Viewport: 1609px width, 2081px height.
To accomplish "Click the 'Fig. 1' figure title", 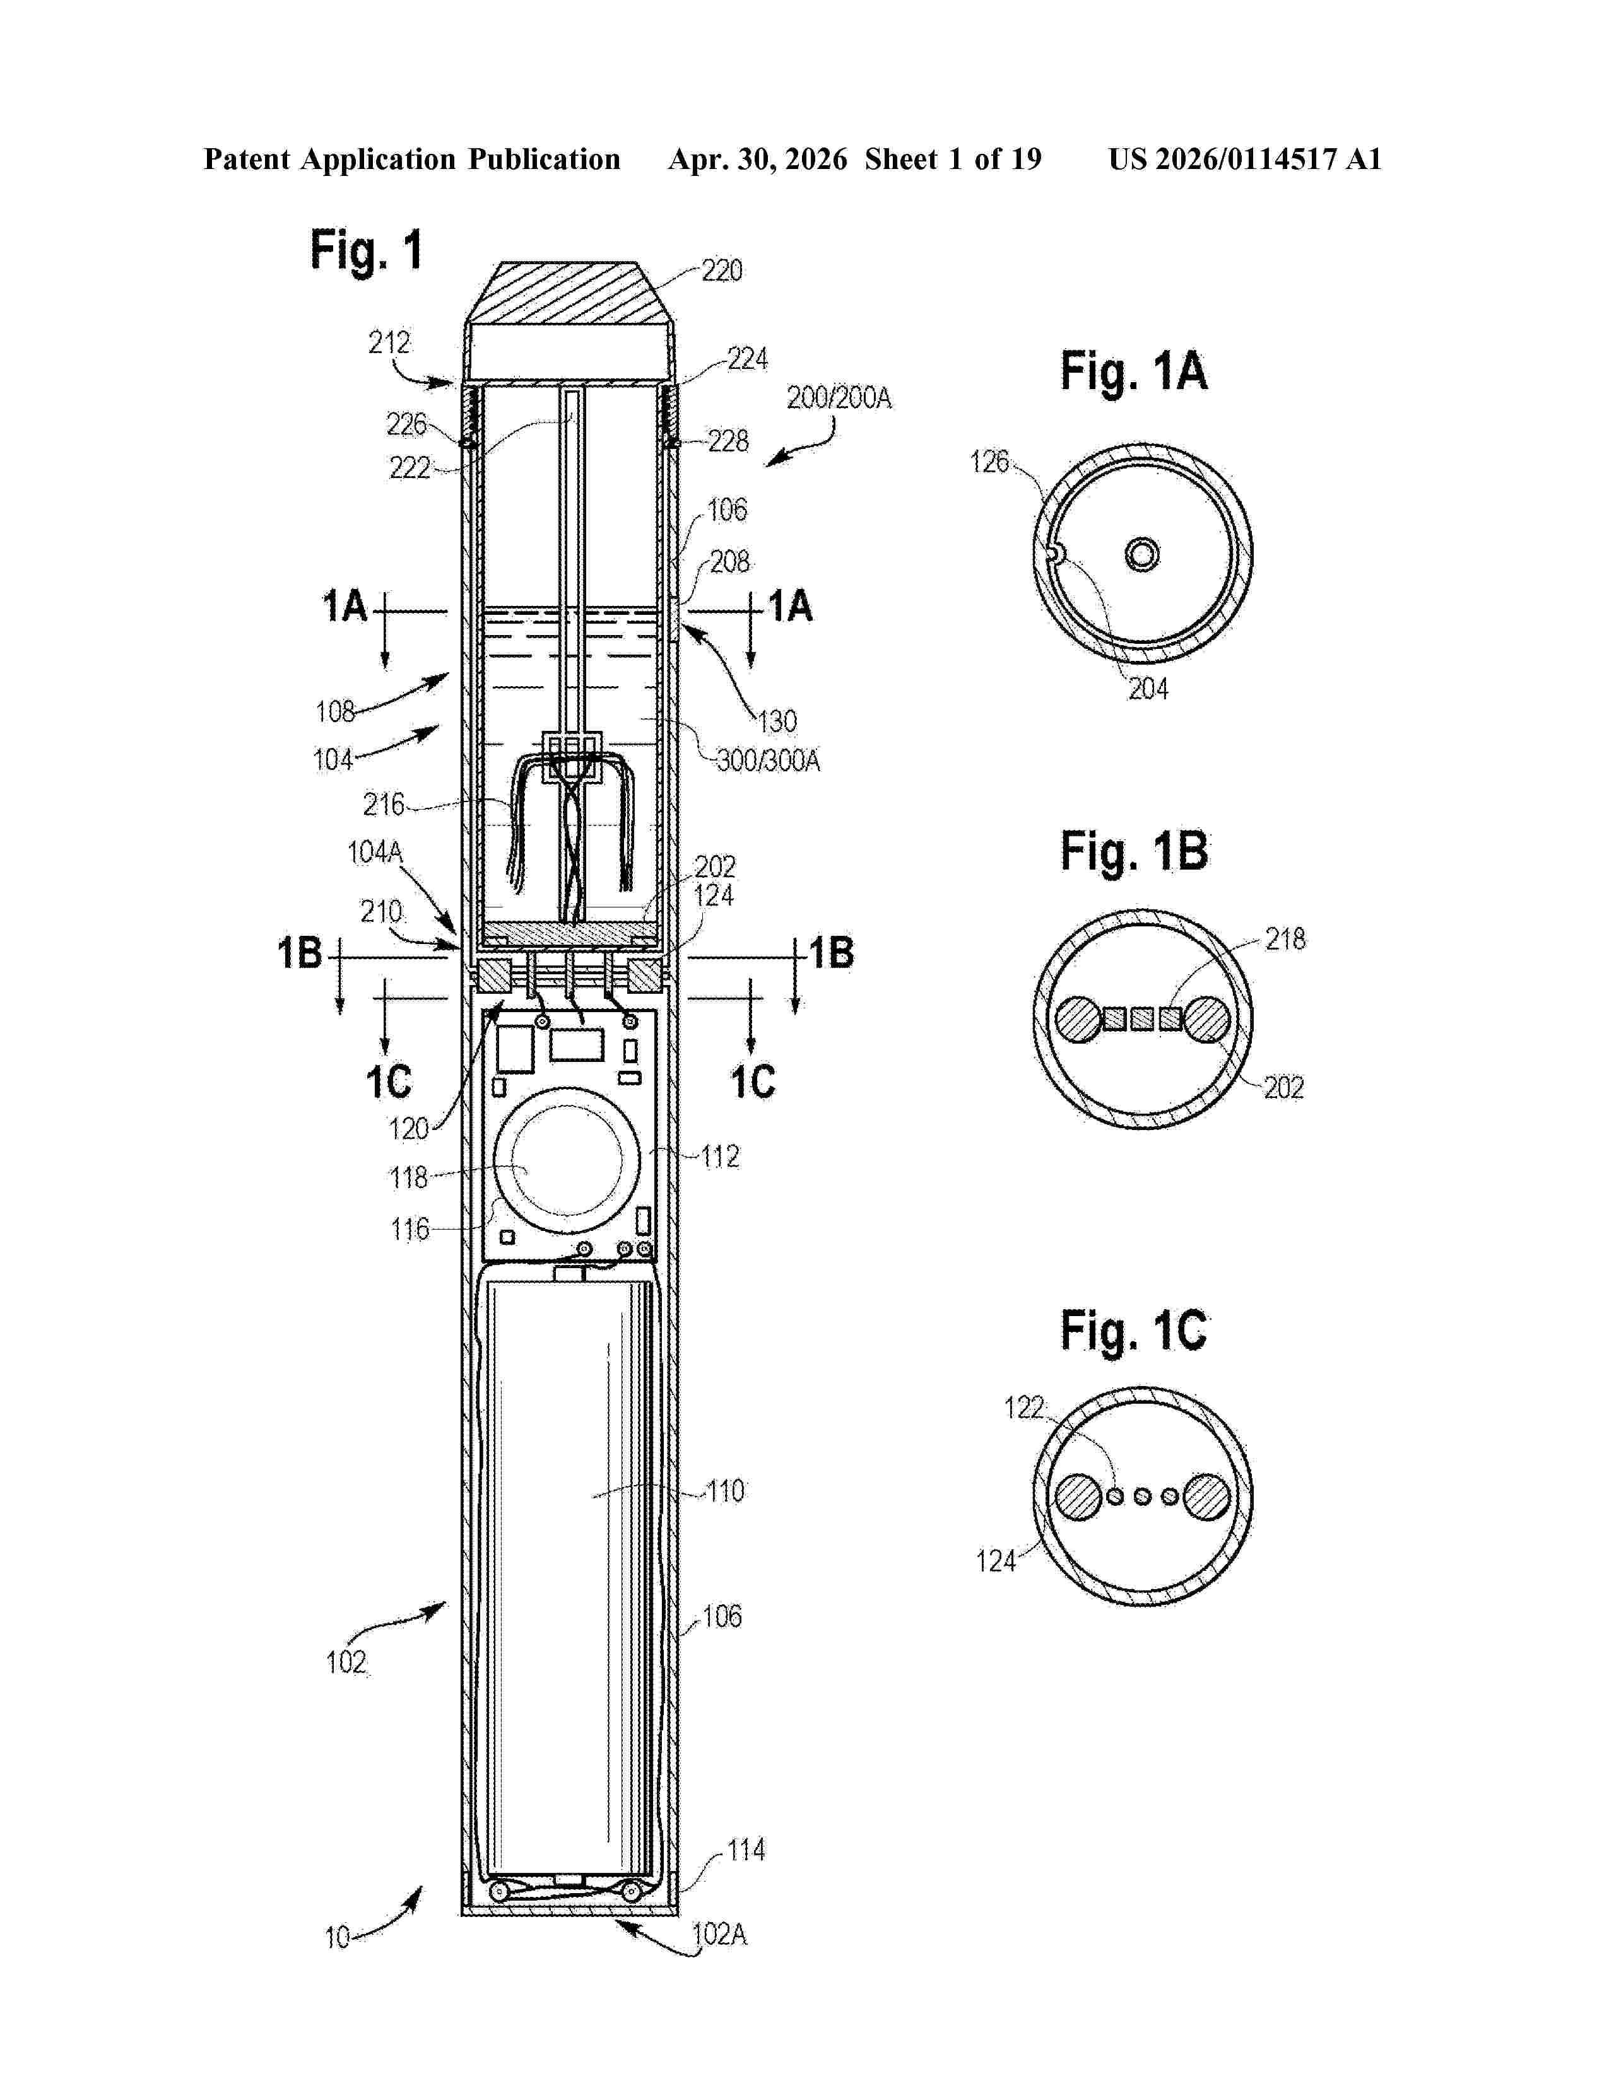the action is (366, 252).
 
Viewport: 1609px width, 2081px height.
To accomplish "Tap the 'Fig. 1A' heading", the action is (1135, 371).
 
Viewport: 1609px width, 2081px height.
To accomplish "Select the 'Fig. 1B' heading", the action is (1135, 851).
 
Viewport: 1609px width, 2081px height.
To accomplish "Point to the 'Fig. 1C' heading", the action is (1135, 1331).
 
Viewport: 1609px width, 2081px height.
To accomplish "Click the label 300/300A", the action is (769, 761).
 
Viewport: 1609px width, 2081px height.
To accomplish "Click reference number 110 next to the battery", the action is (726, 1491).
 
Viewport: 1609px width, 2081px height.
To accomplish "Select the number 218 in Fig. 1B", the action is (1285, 940).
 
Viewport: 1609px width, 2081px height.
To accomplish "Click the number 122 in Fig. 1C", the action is (1025, 1408).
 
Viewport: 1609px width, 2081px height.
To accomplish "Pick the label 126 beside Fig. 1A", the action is (989, 462).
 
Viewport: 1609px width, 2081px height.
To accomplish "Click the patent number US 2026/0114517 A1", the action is (1245, 159).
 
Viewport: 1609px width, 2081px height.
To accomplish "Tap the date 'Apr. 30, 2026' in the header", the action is (758, 159).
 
